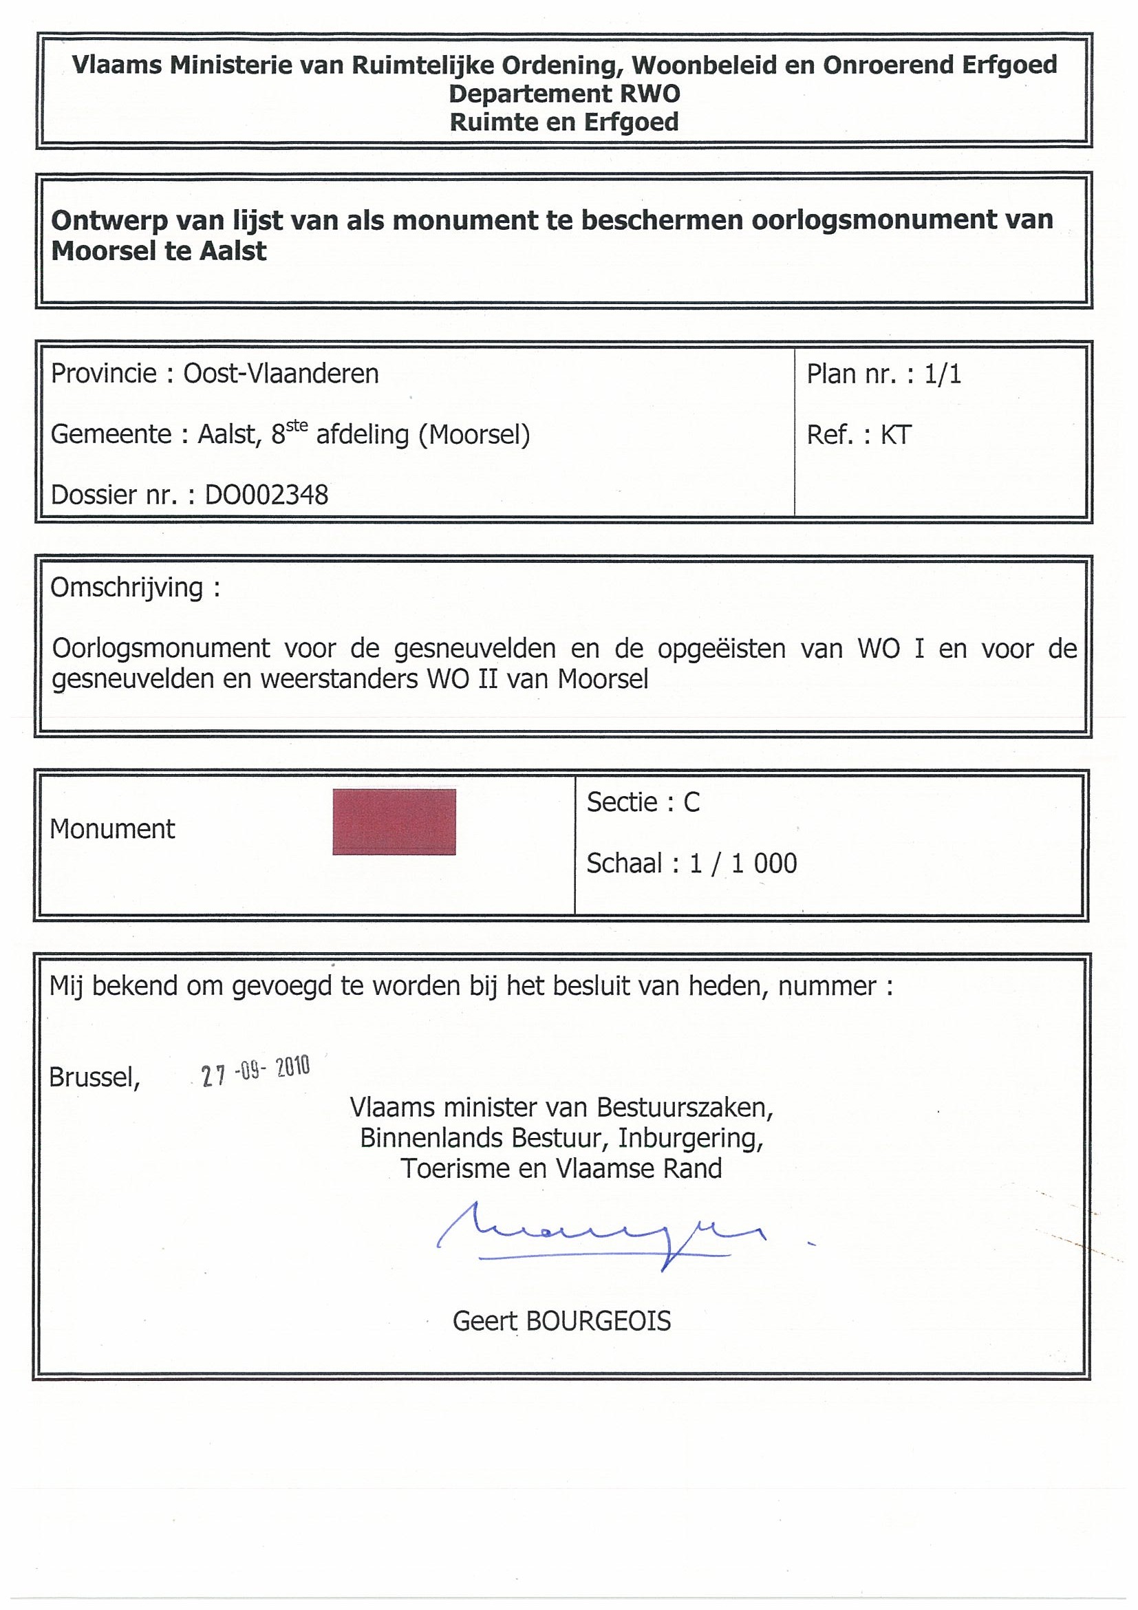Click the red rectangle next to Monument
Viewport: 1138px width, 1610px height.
(x=394, y=822)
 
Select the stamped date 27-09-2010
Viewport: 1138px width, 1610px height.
(x=255, y=1071)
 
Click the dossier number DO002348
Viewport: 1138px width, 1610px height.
(x=266, y=495)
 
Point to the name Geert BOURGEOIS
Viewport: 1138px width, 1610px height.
(x=561, y=1321)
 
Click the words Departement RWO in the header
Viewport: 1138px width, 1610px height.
(x=564, y=94)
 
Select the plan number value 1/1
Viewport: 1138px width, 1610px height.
(x=943, y=374)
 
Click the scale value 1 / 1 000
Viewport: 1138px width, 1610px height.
(x=743, y=863)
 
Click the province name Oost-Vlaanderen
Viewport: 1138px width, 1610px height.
(x=281, y=374)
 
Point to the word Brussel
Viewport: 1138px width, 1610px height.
(x=95, y=1077)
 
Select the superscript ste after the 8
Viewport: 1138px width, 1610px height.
(x=297, y=426)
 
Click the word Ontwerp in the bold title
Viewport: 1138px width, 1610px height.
(x=110, y=221)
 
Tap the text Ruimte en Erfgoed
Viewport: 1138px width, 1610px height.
(x=564, y=122)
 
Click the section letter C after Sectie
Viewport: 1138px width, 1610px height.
(x=691, y=802)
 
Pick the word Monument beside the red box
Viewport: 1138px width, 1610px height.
(x=112, y=830)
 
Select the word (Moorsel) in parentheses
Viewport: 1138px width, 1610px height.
(x=474, y=435)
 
